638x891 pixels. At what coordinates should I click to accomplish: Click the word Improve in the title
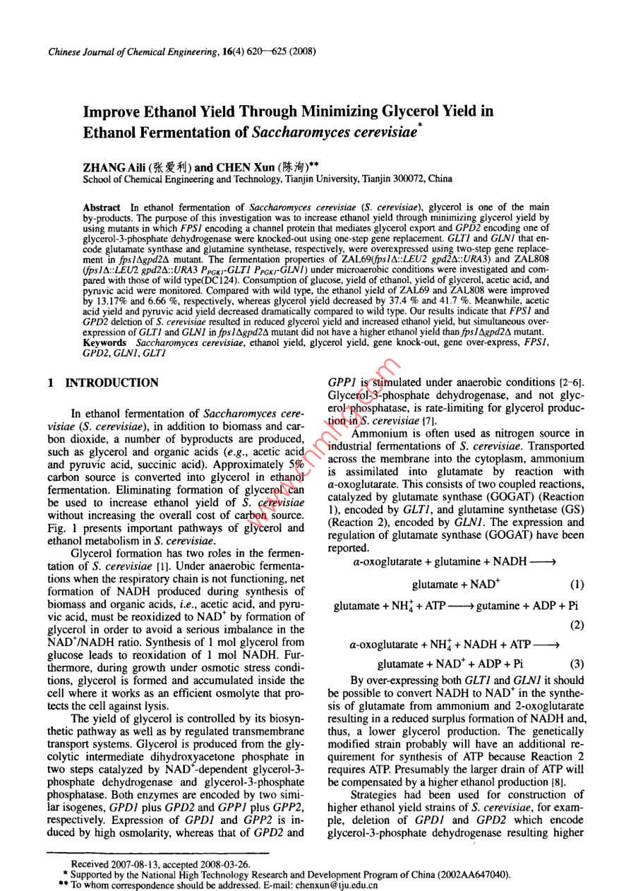coord(112,112)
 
